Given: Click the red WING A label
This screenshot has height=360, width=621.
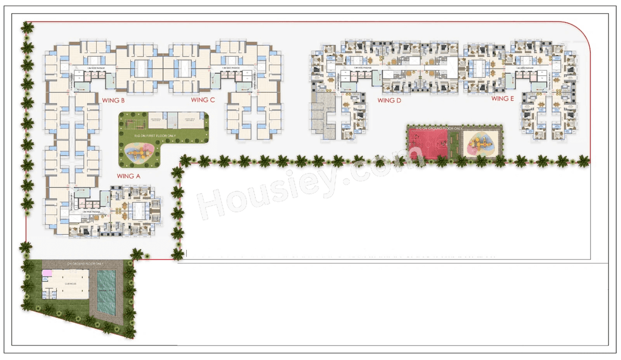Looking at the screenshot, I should click(128, 176).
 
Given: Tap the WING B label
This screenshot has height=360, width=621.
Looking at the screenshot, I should click(114, 100).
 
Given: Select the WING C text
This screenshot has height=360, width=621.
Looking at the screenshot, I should click(203, 100).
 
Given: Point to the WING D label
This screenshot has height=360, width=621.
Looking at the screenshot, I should click(389, 100).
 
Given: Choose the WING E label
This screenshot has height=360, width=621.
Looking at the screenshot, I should click(503, 98).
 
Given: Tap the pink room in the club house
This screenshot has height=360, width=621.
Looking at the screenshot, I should click(47, 274).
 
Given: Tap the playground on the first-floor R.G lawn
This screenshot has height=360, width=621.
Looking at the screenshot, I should click(136, 152).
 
